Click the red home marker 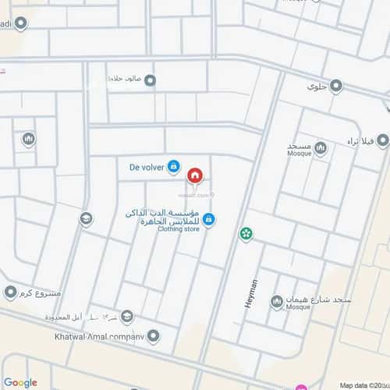(195, 175)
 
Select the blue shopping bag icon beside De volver (174, 166)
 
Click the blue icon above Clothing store (209, 221)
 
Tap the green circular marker (246, 232)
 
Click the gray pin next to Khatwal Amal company (154, 337)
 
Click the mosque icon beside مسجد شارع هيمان (276, 302)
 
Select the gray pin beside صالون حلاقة (150, 80)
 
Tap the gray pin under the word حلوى (336, 86)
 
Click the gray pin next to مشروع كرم (10, 292)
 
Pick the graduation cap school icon (86, 219)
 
